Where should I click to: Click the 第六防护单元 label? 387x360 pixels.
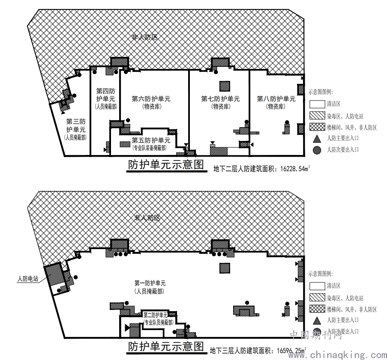pos(151,99)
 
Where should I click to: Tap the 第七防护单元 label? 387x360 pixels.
pos(220,99)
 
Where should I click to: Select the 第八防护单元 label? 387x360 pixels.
pos(276,99)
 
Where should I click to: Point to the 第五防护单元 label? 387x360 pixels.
pos(151,140)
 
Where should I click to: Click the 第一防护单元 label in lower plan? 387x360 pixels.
pos(150,283)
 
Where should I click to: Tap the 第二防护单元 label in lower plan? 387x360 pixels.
pos(156,315)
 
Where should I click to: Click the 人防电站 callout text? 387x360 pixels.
pos(28,279)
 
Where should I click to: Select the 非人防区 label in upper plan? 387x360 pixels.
pos(145,37)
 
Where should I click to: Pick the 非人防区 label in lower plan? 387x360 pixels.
pos(147,218)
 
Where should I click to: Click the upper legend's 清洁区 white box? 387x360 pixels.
pos(317,104)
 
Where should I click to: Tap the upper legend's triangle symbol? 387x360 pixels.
pos(317,139)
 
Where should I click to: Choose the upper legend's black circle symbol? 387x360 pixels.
pos(317,150)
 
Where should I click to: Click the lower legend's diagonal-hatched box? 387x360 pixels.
pos(317,298)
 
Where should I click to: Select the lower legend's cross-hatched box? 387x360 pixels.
pos(317,309)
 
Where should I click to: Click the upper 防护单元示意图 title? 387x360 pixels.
pos(166,164)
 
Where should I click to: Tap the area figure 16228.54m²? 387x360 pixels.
pos(295,169)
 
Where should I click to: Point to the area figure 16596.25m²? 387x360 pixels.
pos(292,350)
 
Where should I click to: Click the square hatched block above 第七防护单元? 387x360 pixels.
pos(225,86)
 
